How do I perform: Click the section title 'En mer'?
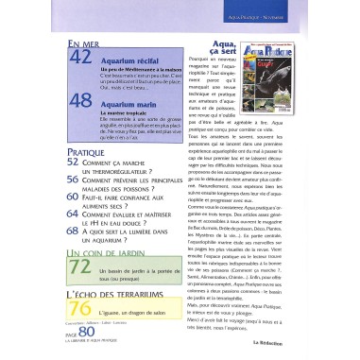(84, 43)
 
